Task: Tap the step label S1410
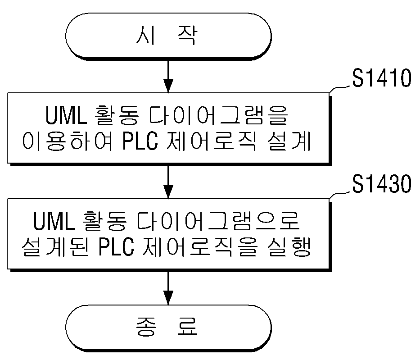tap(381, 78)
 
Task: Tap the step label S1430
tap(381, 184)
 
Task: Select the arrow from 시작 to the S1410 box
tap(168, 77)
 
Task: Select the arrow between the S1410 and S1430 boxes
tap(168, 182)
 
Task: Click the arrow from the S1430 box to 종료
tap(168, 288)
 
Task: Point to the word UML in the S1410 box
tap(66, 115)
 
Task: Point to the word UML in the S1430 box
tap(54, 221)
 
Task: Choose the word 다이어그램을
tap(218, 115)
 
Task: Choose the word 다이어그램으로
tap(218, 221)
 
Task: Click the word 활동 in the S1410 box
tap(117, 115)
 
